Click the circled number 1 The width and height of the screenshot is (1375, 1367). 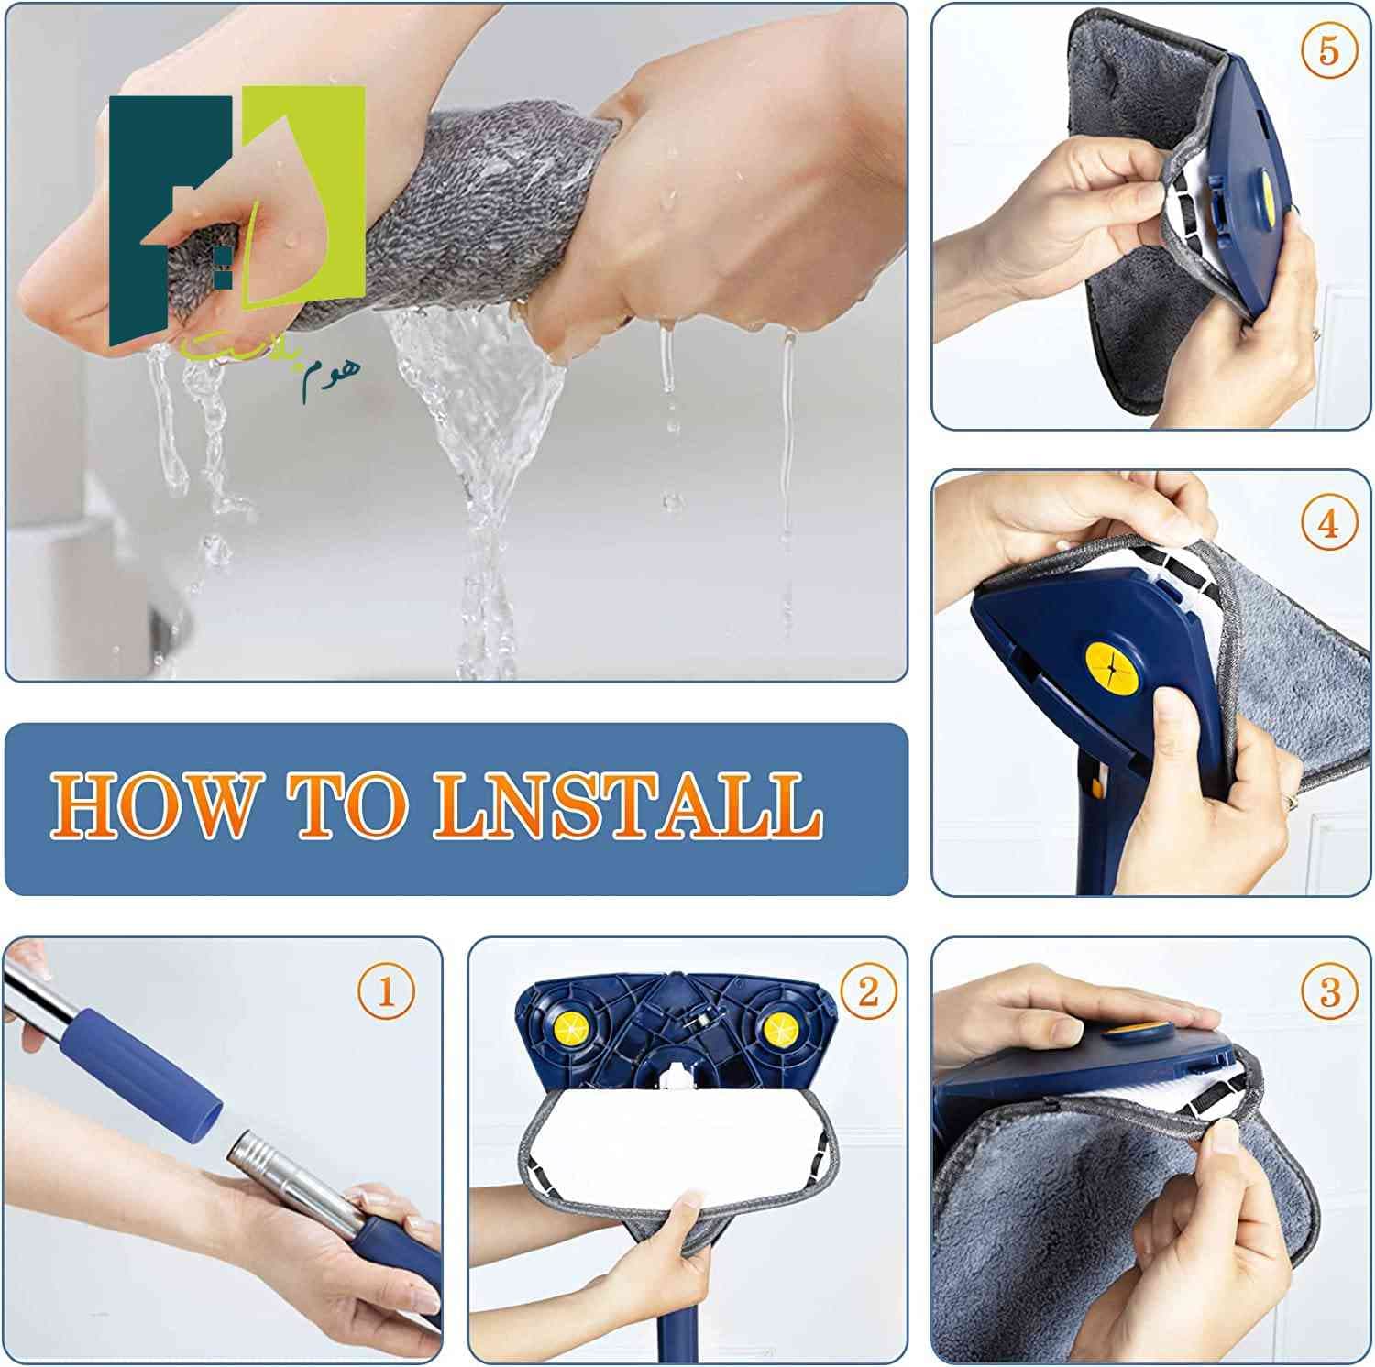tap(386, 990)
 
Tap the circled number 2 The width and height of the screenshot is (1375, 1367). tap(867, 990)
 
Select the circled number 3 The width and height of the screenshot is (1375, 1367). tap(1330, 990)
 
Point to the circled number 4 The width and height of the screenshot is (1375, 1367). tap(1328, 523)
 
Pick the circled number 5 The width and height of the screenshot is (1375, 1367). tap(1328, 49)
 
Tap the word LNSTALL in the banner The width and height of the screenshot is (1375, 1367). tap(627, 806)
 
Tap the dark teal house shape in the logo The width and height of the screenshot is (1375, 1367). tap(170, 220)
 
